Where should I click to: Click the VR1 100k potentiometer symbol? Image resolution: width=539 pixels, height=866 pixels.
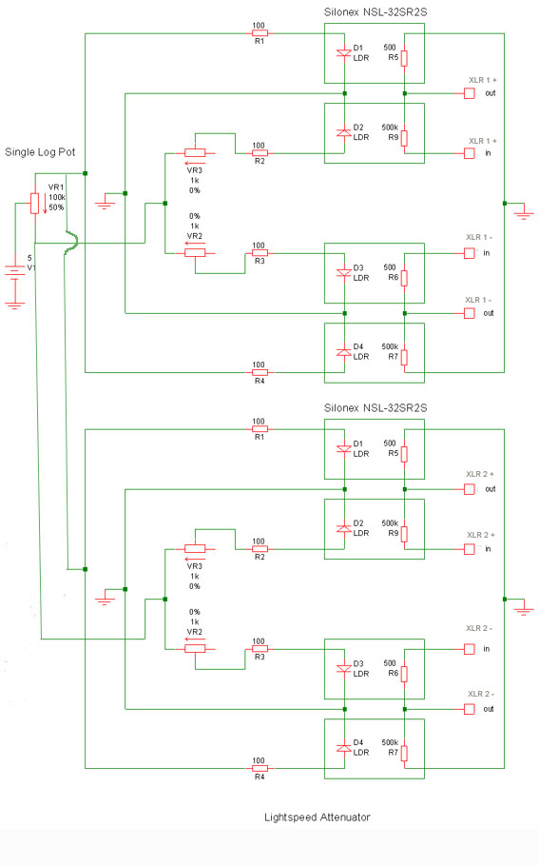35,204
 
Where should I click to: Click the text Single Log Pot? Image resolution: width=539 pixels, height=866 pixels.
40,152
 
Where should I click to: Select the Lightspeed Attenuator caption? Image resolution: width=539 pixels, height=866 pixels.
318,817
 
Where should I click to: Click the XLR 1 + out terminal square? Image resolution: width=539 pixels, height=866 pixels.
469,93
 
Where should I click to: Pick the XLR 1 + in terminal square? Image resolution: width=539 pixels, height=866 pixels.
469,153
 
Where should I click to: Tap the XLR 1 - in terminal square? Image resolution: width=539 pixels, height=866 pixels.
469,253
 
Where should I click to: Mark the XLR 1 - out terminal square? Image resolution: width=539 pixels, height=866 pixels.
469,313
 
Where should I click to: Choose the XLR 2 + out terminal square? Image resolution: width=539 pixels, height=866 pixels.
469,489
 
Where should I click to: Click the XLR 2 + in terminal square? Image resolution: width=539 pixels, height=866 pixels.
469,549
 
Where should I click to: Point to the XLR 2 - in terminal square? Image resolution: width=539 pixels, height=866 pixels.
469,649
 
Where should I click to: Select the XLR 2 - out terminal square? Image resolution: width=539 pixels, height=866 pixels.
469,709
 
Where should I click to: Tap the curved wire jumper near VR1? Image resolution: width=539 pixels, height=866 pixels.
72,242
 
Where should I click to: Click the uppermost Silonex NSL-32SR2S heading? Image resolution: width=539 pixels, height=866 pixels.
375,12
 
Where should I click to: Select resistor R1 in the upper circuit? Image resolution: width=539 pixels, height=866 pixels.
260,33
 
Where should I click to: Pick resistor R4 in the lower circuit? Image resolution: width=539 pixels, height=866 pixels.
260,768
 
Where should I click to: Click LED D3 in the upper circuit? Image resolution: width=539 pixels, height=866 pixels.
344,273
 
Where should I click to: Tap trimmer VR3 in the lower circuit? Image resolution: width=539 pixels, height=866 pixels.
195,548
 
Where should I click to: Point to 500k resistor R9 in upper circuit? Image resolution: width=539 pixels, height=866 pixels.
404,138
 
